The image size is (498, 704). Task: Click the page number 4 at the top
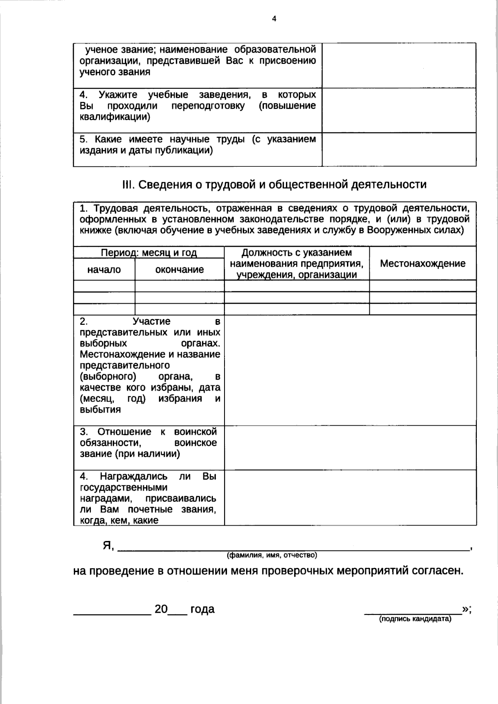(274, 19)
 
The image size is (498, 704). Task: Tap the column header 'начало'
(104, 270)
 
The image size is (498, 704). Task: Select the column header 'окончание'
(179, 270)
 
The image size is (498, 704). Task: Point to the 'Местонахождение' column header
(422, 263)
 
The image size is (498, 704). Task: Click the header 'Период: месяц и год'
(149, 253)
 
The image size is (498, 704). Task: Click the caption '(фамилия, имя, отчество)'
(272, 555)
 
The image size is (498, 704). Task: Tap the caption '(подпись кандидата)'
(415, 619)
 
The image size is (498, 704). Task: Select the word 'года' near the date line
(202, 609)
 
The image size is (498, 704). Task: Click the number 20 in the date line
(161, 609)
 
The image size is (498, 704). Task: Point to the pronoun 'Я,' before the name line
(108, 546)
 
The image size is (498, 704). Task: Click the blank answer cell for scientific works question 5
(399, 149)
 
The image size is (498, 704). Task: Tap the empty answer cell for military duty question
(350, 448)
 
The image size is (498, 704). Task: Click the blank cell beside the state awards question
(350, 497)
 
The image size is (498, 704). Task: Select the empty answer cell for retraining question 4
(399, 110)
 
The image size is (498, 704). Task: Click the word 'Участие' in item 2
(151, 322)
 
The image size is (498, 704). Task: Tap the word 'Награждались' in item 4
(134, 476)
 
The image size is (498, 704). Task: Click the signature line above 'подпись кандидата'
(413, 612)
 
